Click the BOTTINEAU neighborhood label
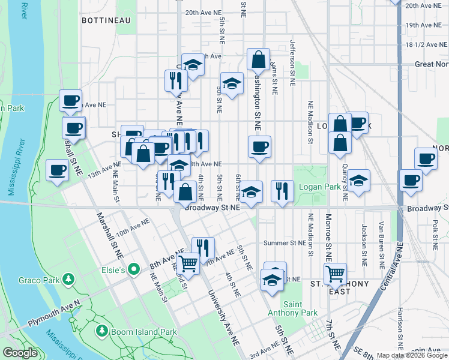(106, 20)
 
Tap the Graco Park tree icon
(69, 279)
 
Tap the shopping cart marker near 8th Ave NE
(188, 262)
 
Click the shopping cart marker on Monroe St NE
(335, 274)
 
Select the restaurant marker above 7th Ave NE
(203, 247)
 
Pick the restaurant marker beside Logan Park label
(282, 191)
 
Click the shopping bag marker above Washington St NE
(258, 59)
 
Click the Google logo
(20, 353)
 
